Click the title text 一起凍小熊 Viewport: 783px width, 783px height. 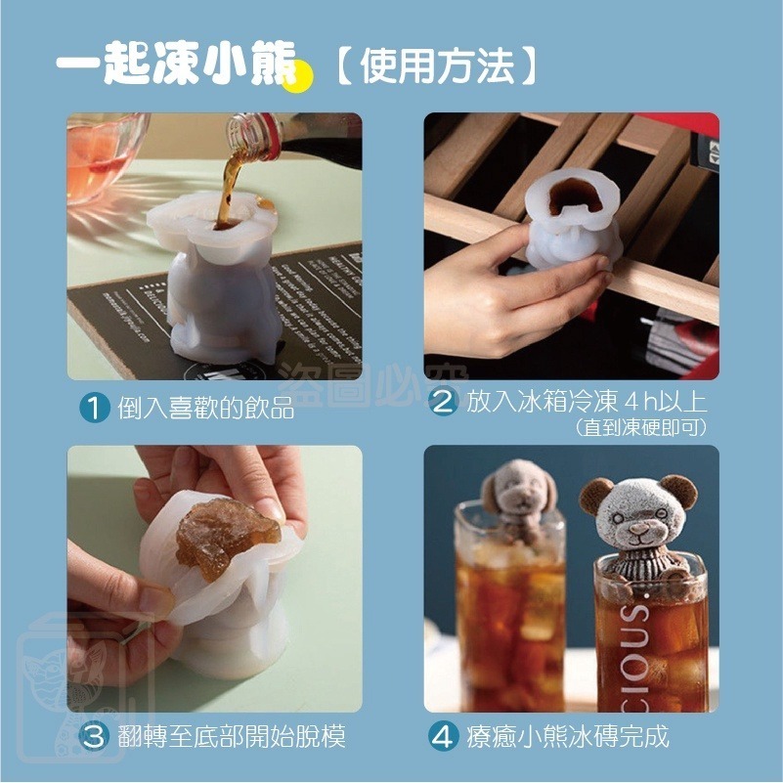pos(176,66)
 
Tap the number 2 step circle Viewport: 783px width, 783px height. pos(445,403)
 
